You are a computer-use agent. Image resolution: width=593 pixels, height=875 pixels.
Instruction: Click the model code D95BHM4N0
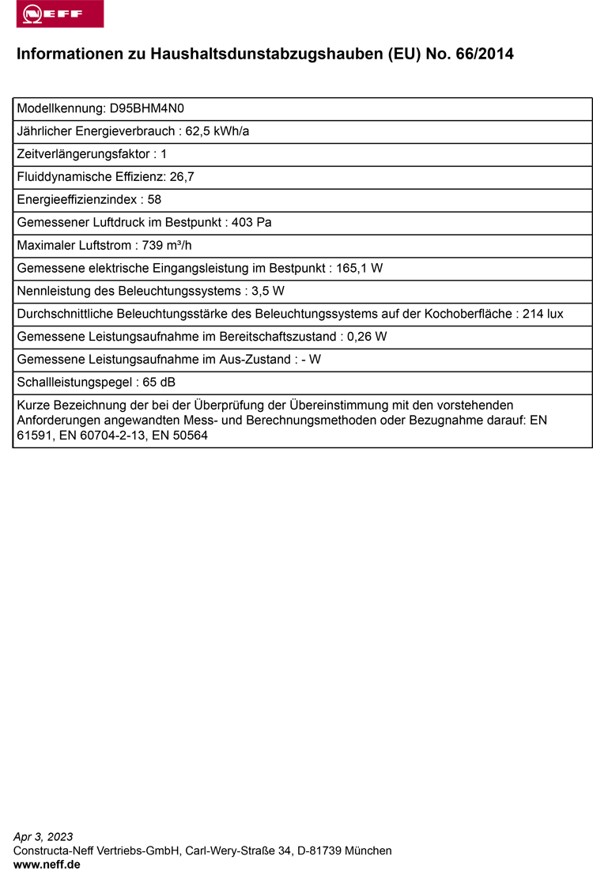147,108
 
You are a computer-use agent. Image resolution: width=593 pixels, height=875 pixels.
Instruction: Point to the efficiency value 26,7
182,177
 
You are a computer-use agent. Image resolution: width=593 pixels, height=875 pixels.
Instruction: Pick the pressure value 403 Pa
251,223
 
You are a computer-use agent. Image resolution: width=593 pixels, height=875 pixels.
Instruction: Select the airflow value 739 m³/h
167,246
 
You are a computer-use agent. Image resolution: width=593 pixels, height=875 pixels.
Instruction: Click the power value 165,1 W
360,269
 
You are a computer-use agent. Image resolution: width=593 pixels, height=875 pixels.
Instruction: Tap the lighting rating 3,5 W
268,292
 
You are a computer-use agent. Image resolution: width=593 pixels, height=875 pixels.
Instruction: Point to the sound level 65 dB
158,383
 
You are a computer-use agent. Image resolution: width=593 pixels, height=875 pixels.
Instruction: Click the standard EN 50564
180,436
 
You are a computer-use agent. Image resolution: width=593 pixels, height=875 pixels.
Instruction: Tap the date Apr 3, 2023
43,837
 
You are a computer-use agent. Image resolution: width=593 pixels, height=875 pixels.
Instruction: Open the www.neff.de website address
47,865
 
